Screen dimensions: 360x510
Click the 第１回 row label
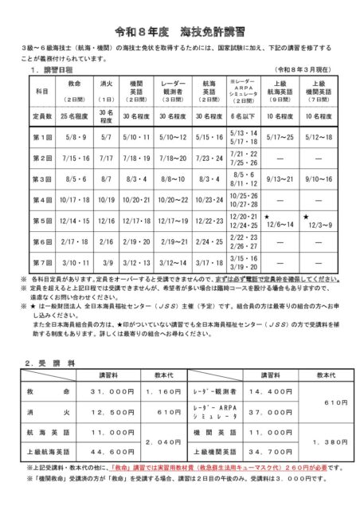pos(43,137)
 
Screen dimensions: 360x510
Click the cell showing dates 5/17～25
pos(279,137)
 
